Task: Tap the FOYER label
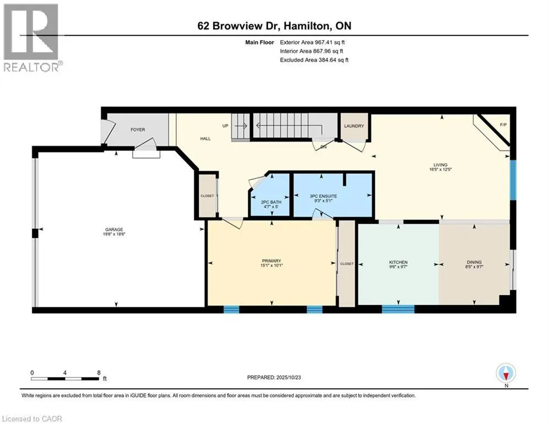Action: point(138,130)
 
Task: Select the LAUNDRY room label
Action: point(354,126)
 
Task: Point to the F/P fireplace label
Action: point(503,124)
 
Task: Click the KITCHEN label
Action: point(398,262)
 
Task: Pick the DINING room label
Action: point(474,262)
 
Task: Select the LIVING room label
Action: point(440,165)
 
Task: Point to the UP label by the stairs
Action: point(225,126)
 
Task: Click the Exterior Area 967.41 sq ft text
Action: point(312,42)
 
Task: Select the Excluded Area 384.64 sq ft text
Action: point(314,59)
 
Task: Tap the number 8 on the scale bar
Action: point(99,372)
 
